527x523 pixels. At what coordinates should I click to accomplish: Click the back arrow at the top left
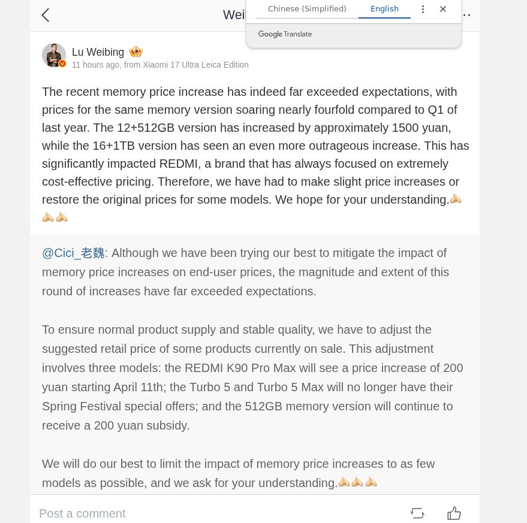pyautogui.click(x=46, y=15)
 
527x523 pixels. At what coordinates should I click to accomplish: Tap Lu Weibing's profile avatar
pyautogui.click(x=54, y=55)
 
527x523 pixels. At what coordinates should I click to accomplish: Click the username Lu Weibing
pyautogui.click(x=98, y=52)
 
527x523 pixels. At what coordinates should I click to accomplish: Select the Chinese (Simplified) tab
pyautogui.click(x=307, y=9)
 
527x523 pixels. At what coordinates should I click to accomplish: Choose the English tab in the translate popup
pyautogui.click(x=384, y=9)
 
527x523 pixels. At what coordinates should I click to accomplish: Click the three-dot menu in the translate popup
pyautogui.click(x=423, y=9)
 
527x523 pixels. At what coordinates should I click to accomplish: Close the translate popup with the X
pyautogui.click(x=443, y=9)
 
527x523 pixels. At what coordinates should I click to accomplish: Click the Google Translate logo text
pyautogui.click(x=285, y=34)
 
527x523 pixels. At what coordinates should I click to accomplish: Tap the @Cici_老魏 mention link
pyautogui.click(x=73, y=253)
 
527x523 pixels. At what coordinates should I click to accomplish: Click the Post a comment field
pyautogui.click(x=82, y=513)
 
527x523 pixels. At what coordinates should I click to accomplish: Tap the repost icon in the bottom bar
pyautogui.click(x=417, y=513)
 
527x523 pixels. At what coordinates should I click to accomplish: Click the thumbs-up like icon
pyautogui.click(x=454, y=513)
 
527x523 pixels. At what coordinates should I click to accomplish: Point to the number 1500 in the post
pyautogui.click(x=405, y=128)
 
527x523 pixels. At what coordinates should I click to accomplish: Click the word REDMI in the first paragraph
pyautogui.click(x=183, y=164)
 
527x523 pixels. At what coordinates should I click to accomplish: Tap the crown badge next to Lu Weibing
pyautogui.click(x=135, y=52)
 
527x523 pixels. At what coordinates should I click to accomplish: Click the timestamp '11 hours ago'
pyautogui.click(x=95, y=65)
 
